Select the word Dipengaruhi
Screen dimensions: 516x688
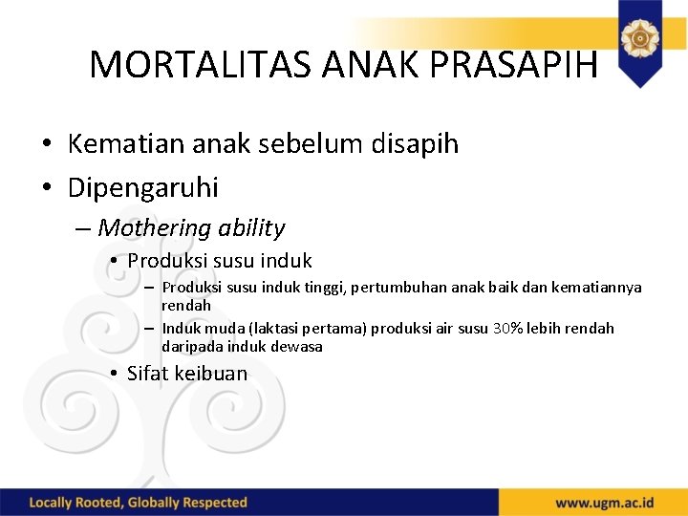143,187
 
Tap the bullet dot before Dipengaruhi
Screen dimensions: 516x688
47,188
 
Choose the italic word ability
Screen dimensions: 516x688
251,227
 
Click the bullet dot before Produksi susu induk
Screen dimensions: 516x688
113,261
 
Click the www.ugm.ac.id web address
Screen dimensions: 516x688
605,503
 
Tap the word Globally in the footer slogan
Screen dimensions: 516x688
156,503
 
